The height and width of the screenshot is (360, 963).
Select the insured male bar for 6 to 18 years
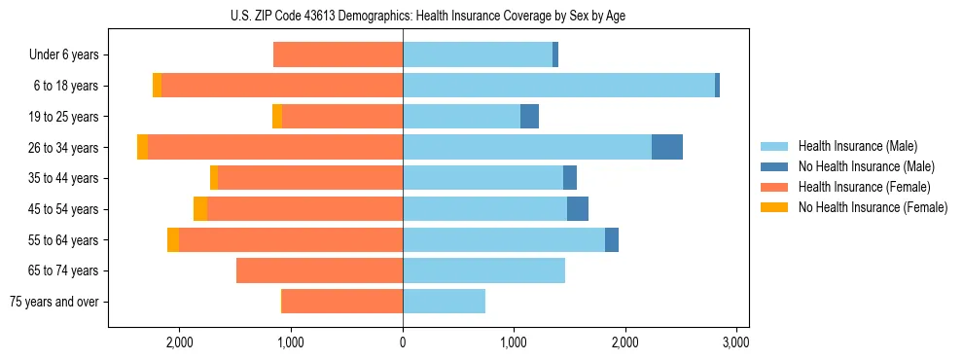click(558, 86)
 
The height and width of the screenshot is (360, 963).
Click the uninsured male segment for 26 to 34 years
click(666, 147)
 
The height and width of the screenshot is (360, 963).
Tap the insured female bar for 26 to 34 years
click(275, 147)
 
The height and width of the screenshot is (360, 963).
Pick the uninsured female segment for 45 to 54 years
click(200, 209)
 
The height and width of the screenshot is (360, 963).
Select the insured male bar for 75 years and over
click(444, 302)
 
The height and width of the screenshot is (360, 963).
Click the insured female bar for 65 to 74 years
click(319, 270)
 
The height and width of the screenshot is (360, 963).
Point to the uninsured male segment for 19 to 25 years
click(529, 117)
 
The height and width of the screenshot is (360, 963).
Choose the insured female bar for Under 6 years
click(338, 54)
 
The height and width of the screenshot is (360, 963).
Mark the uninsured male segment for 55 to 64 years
click(611, 239)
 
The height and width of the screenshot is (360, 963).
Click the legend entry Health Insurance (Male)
click(857, 146)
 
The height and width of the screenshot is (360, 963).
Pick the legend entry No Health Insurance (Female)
click(872, 207)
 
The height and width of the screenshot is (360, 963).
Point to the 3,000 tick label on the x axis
click(736, 342)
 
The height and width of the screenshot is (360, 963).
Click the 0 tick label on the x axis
click(403, 342)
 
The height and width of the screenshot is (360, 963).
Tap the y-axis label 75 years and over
click(54, 302)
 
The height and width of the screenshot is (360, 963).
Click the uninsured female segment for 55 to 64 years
click(173, 239)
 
